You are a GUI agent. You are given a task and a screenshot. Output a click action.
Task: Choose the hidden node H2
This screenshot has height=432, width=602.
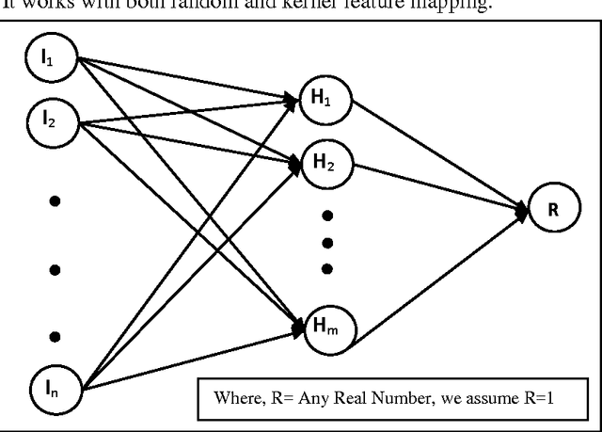318,161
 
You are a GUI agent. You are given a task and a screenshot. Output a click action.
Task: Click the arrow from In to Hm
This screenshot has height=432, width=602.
188,356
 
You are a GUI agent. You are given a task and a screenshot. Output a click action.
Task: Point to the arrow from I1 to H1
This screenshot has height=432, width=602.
188,78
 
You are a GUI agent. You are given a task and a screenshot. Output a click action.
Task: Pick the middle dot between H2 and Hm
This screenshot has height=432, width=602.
327,243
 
